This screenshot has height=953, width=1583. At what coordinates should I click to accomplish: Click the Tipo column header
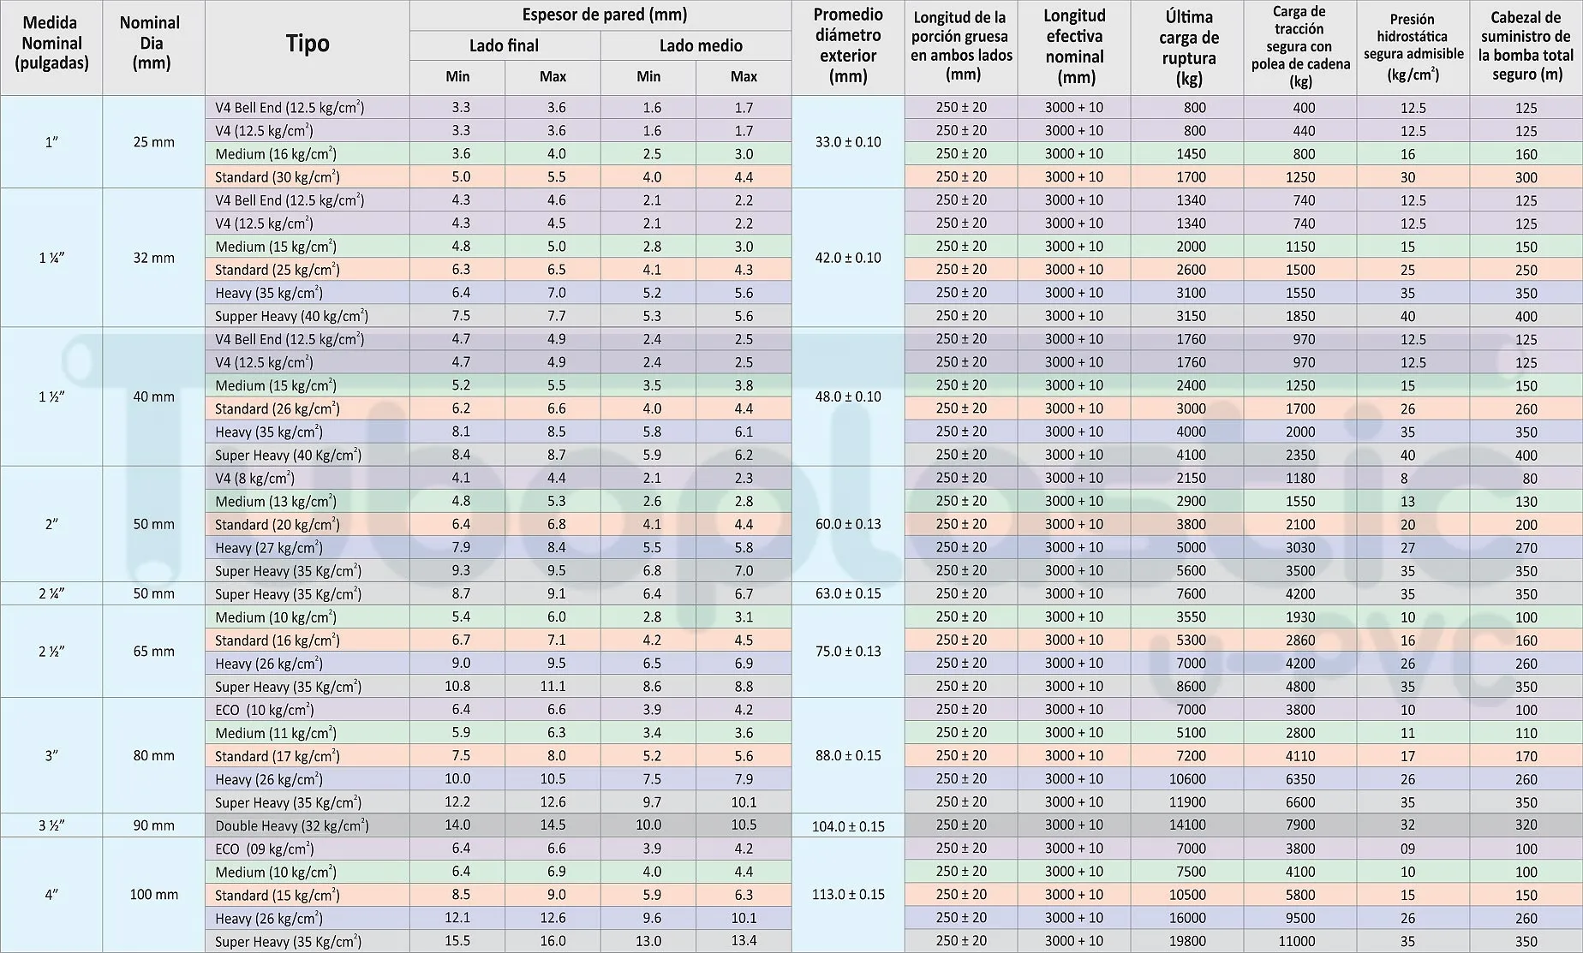pos(308,45)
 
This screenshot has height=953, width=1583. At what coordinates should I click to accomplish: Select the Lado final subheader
pos(504,45)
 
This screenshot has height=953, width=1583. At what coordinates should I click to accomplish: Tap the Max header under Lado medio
pos(744,76)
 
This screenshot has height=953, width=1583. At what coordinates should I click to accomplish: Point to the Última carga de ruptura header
pos(1188,48)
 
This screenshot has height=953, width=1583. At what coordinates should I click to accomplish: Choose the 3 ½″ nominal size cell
pos(51,825)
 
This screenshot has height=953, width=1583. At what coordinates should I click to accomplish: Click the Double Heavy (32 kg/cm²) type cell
pos(291,825)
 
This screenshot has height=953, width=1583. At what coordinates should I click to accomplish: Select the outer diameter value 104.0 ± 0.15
pos(848,826)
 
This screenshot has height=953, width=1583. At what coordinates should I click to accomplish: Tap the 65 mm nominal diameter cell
pos(153,652)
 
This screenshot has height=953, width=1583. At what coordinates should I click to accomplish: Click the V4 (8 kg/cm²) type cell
pos(254,479)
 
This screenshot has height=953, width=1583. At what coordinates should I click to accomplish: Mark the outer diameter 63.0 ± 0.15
pos(848,593)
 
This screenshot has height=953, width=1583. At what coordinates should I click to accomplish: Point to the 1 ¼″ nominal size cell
pos(51,258)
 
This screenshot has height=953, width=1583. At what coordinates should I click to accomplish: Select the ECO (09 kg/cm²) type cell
pos(265,849)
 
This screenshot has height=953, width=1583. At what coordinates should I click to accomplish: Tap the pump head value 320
pos(1526,825)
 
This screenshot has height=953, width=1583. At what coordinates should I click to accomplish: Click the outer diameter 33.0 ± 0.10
pos(848,142)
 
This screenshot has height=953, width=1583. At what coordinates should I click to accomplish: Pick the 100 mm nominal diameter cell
pos(153,895)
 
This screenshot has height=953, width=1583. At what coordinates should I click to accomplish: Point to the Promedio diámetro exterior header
pos(848,45)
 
